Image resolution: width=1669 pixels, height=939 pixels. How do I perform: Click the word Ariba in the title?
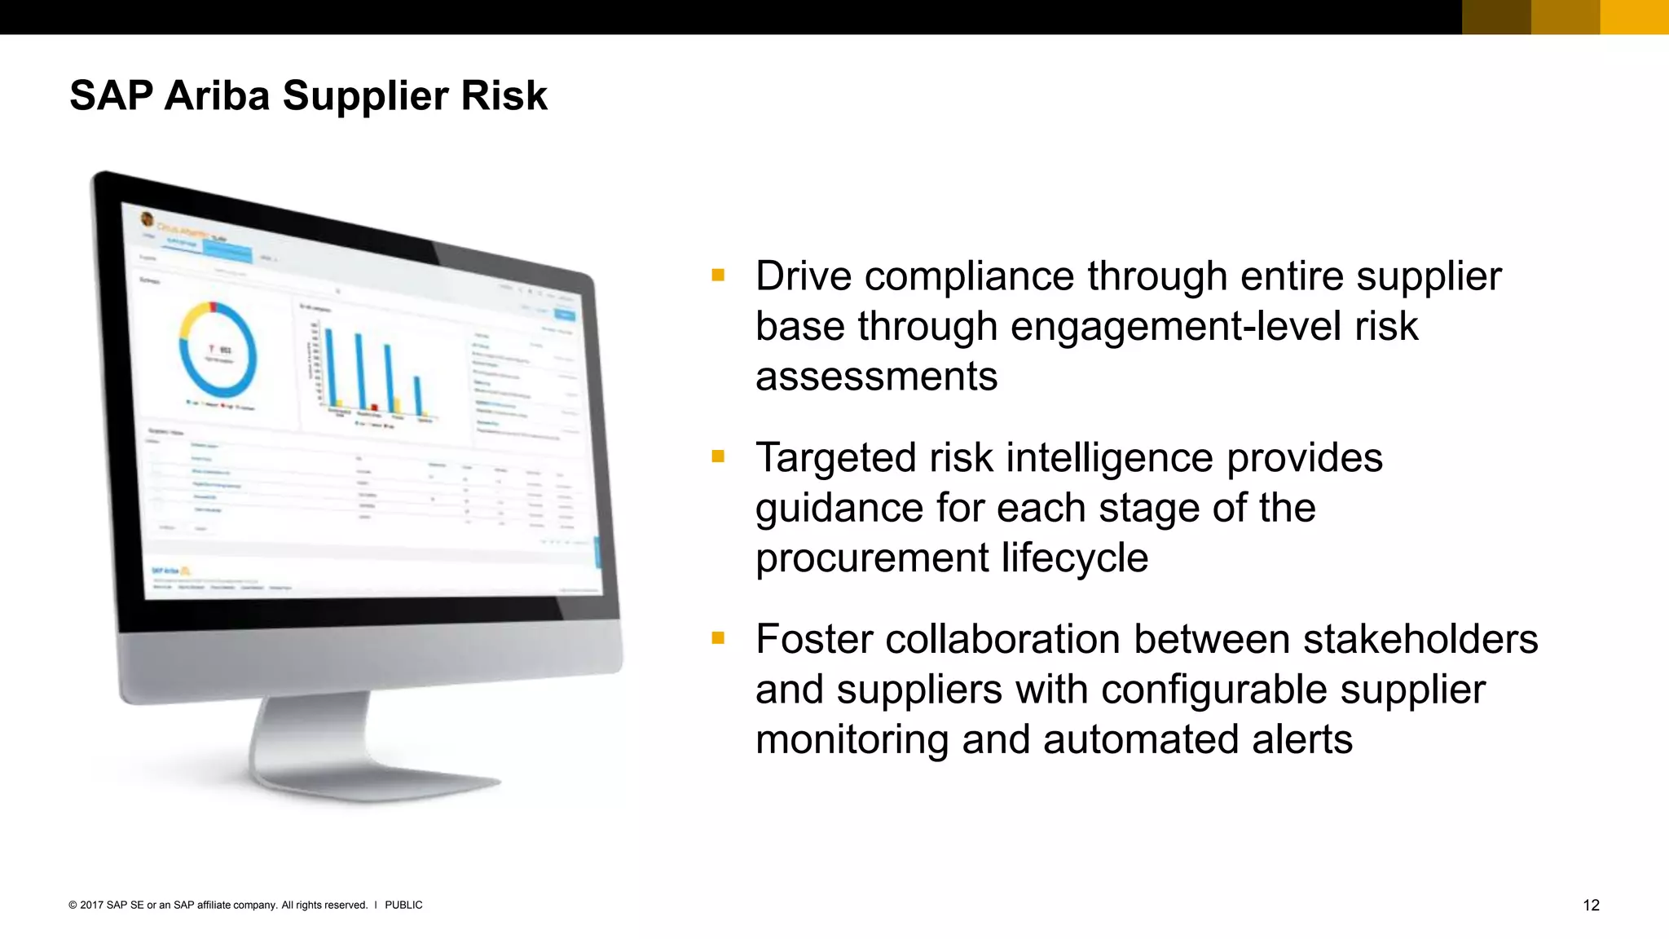pos(216,95)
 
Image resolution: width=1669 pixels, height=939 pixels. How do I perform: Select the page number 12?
pos(1591,905)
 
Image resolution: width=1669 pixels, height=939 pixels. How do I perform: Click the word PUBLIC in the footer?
pos(403,905)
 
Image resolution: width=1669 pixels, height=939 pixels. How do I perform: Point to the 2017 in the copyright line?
pos(91,905)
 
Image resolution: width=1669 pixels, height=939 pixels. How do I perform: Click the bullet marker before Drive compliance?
pos(718,276)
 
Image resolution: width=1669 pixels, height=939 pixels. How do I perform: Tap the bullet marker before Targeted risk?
pos(718,456)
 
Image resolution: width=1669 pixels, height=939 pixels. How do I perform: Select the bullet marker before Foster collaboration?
pos(718,638)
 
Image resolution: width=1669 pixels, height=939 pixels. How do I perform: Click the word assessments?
pos(876,377)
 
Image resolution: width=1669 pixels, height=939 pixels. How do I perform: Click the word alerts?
pos(1301,739)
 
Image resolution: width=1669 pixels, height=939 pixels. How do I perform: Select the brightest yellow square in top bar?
pos(1634,17)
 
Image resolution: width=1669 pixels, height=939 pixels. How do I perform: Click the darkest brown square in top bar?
pos(1496,17)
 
